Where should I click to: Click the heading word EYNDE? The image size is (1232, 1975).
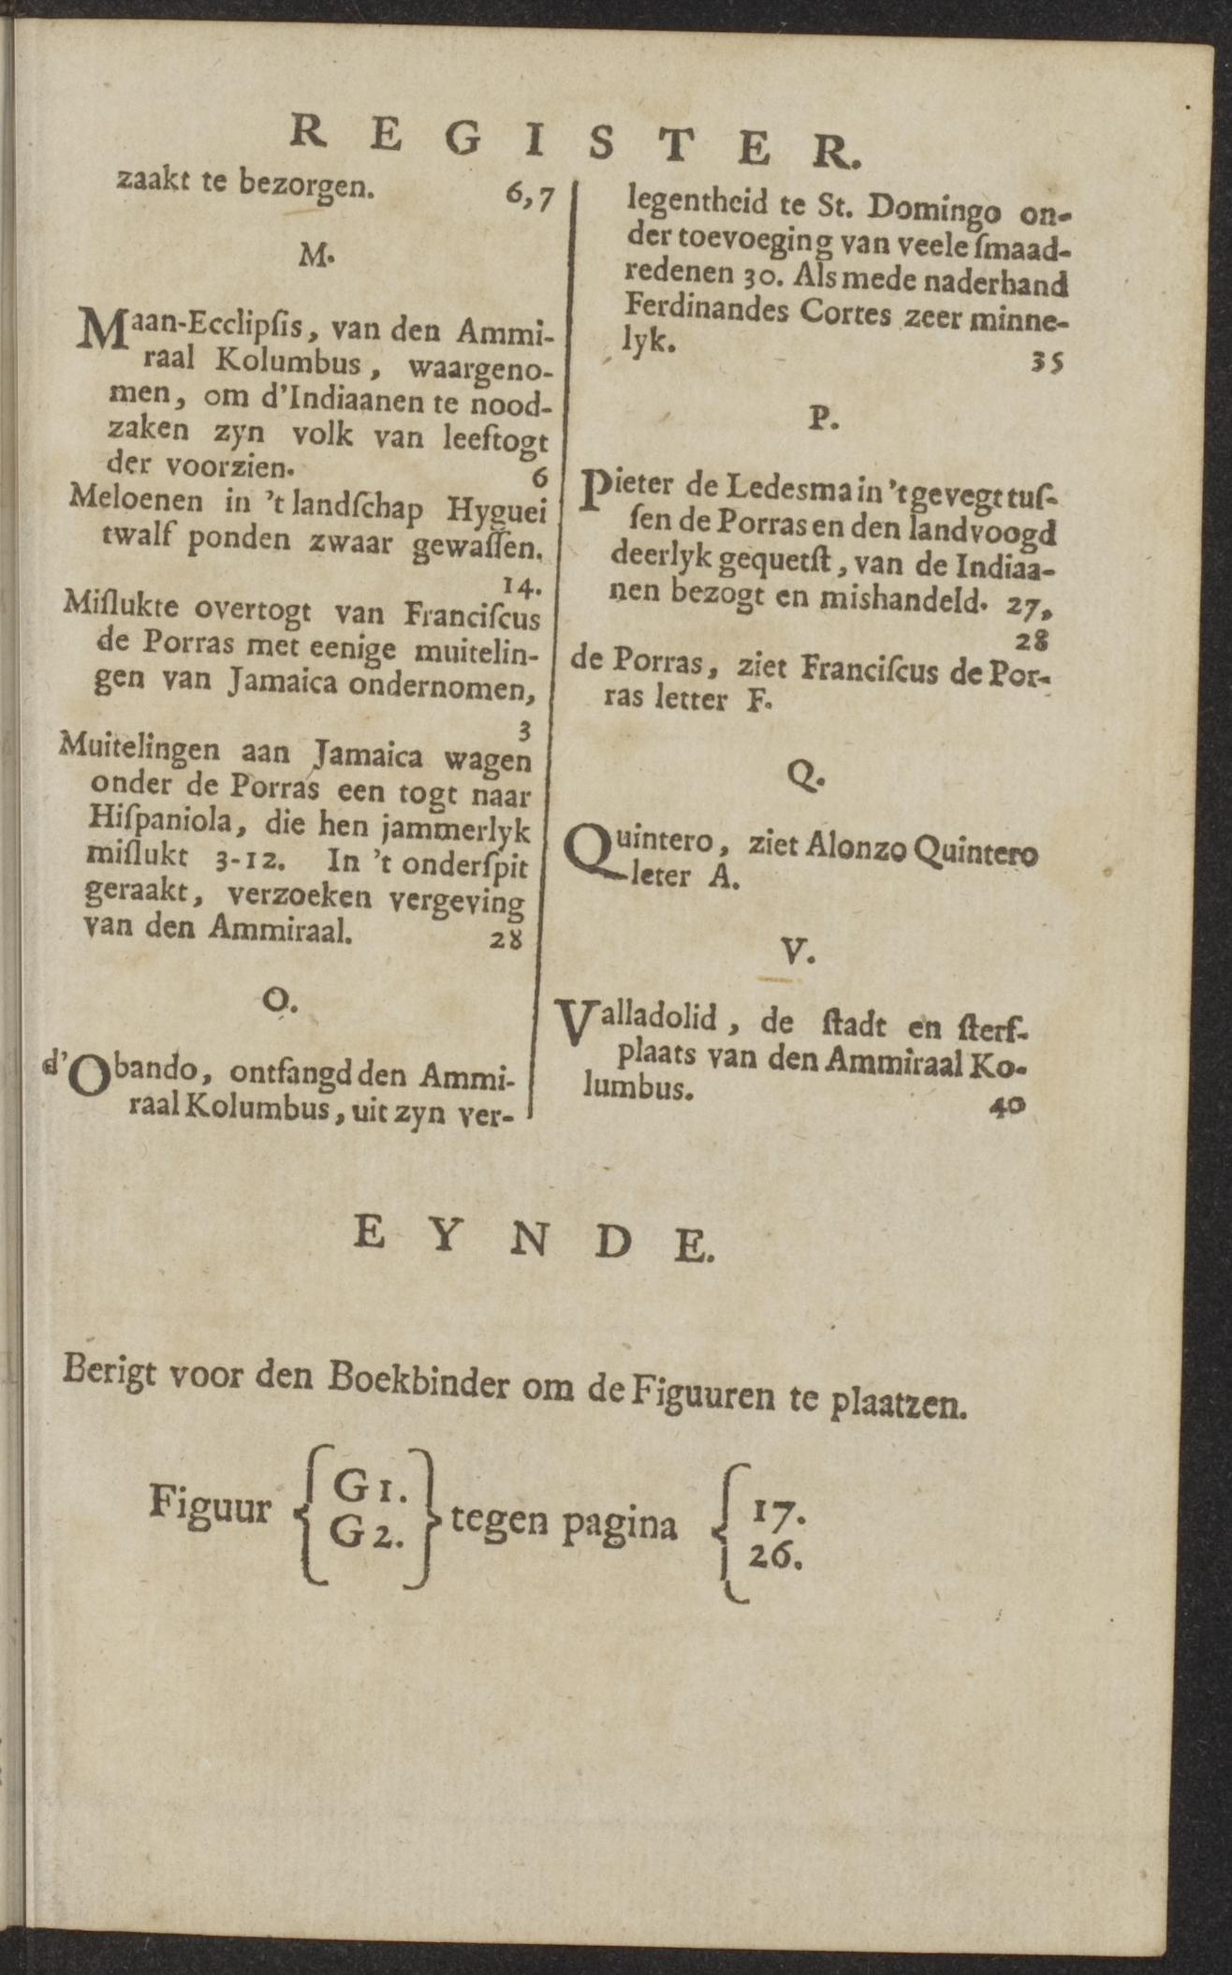pos(534,1244)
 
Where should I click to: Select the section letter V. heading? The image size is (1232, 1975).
pos(799,952)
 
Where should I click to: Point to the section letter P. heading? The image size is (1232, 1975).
pos(823,419)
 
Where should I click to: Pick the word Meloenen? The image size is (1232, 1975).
pos(136,501)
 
